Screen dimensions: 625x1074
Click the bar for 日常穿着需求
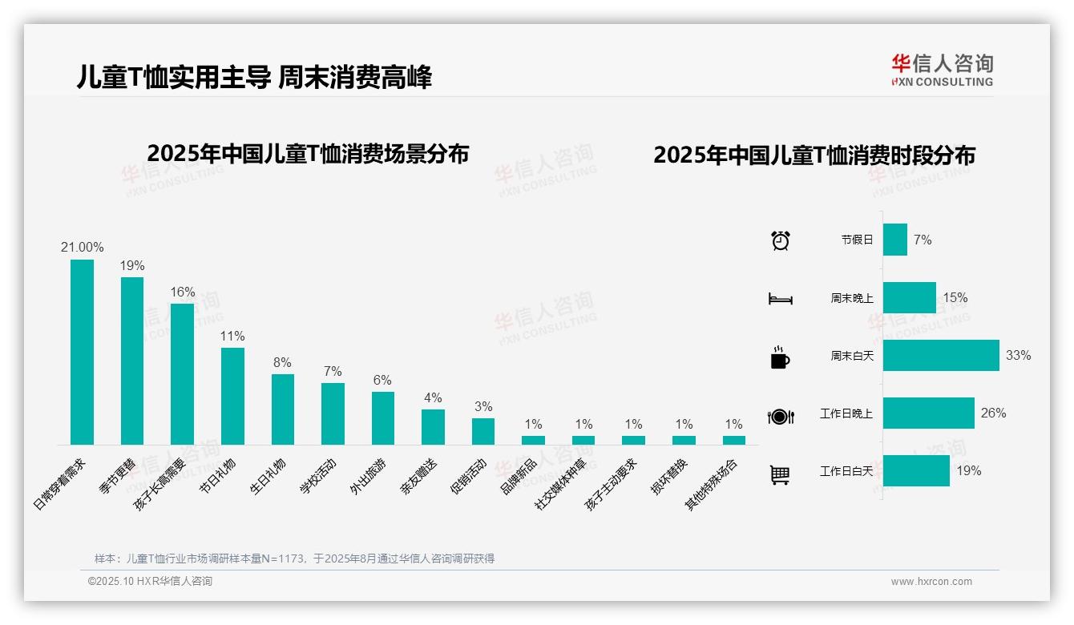coord(82,352)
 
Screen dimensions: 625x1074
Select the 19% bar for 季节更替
coord(132,361)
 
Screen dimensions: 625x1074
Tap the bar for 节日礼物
coord(232,396)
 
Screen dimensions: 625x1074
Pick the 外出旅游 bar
coord(383,417)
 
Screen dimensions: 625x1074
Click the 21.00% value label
coord(82,248)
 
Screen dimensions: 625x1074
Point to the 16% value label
coord(182,292)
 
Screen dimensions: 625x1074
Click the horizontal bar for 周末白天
coord(941,355)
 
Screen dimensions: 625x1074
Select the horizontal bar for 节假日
coord(895,240)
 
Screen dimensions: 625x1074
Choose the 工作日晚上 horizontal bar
coord(929,413)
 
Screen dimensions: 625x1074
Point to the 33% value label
coord(1018,355)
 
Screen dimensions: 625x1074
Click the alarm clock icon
coord(781,240)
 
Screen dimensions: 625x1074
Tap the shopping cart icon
coord(780,474)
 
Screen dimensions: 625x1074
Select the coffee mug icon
coord(780,357)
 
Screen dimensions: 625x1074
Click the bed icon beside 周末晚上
coord(780,299)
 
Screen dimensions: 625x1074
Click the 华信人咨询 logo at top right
coord(942,70)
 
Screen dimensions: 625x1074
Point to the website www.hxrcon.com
coord(931,582)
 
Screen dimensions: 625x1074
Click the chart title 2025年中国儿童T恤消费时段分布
coord(814,155)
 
